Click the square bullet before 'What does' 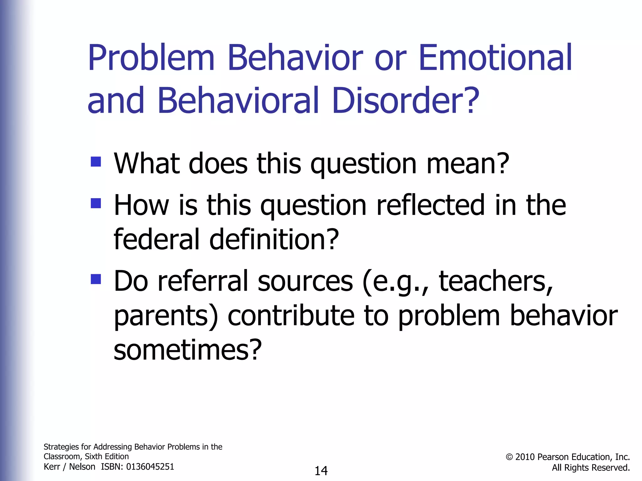[x=96, y=162]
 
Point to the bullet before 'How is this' [x=96, y=203]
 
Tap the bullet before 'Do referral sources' [x=96, y=279]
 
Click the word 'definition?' [x=274, y=240]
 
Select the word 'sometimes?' [x=187, y=350]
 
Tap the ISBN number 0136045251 [x=150, y=467]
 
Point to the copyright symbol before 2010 [x=509, y=457]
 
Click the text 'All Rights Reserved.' [x=591, y=468]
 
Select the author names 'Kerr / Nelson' [x=69, y=467]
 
